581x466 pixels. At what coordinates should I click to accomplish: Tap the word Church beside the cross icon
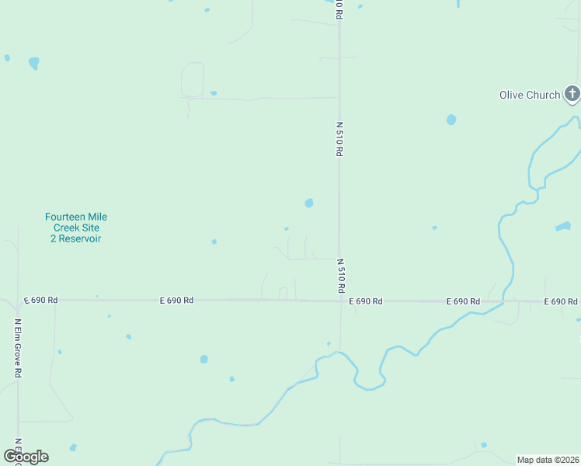(543, 95)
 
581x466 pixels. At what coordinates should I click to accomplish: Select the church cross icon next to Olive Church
(572, 95)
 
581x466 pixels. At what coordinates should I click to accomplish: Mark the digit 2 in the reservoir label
(54, 238)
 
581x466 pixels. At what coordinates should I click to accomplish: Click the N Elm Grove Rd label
(17, 347)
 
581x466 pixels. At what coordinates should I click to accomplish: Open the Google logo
(26, 457)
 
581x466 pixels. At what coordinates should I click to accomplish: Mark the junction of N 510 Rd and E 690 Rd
(339, 301)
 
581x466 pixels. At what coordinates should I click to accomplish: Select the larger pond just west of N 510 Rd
(309, 203)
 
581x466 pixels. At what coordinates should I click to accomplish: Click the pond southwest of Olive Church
(451, 120)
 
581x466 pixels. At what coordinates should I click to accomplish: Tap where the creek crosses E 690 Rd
(504, 300)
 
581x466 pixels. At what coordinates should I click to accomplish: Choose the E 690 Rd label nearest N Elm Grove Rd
(40, 300)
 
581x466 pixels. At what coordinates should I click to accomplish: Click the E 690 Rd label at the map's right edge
(561, 301)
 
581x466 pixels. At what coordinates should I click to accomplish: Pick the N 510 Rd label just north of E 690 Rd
(340, 276)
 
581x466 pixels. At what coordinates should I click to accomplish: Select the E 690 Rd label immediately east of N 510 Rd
(366, 301)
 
